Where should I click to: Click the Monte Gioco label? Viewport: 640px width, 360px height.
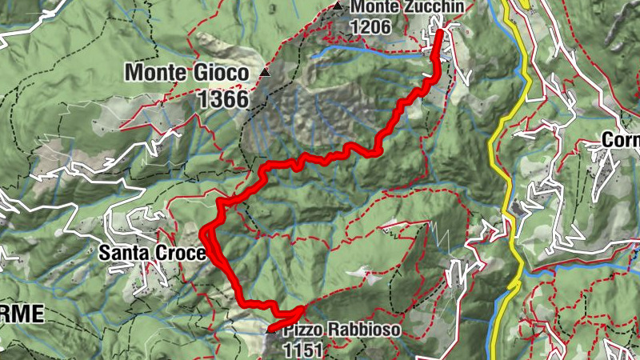[187, 73]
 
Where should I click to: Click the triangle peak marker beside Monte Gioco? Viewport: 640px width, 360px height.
[265, 73]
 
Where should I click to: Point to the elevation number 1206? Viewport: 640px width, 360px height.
[370, 26]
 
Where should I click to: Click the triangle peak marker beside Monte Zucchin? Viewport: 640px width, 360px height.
[338, 7]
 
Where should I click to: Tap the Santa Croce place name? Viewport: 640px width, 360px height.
[151, 254]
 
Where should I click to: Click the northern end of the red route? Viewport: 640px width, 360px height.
[440, 33]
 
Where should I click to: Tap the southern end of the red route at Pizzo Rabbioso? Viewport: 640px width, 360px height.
[270, 329]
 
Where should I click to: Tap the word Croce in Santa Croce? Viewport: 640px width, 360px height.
[181, 254]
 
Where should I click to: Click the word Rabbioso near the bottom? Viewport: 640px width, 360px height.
[351, 330]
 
